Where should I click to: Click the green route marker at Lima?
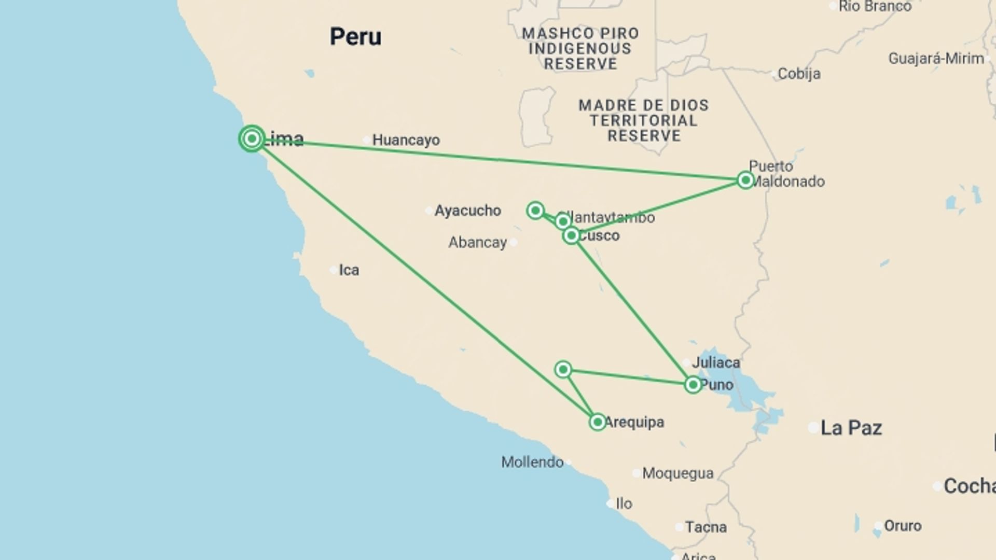(x=252, y=139)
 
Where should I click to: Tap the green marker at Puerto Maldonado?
(x=745, y=180)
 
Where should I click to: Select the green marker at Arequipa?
(x=597, y=422)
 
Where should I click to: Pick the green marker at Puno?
(x=693, y=385)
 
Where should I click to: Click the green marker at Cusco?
(x=571, y=236)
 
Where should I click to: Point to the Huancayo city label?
(x=406, y=140)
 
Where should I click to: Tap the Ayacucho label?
(x=467, y=211)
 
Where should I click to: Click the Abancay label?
(x=477, y=242)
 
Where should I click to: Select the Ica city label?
(x=349, y=270)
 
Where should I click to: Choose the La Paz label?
(x=851, y=428)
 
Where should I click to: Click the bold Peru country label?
(x=355, y=37)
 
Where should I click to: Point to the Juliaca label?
(x=716, y=362)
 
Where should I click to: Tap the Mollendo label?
(x=532, y=462)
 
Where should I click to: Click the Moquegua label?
(x=677, y=473)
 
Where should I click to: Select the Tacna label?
(x=706, y=527)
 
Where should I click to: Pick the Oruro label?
(x=903, y=526)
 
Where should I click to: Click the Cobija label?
(x=799, y=74)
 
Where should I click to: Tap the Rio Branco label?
(x=875, y=6)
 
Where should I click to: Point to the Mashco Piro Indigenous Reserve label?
(x=580, y=49)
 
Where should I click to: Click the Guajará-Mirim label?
(x=936, y=59)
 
